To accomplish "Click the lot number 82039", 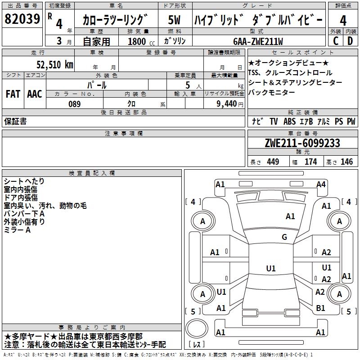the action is click(x=22, y=19).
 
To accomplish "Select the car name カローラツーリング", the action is click(x=115, y=20).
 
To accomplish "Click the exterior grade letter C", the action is click(x=336, y=41).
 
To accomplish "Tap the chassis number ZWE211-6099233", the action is click(x=302, y=144).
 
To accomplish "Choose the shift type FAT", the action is click(x=13, y=94).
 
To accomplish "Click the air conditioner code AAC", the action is click(x=35, y=94).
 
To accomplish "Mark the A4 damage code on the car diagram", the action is click(x=321, y=184).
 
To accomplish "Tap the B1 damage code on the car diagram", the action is click(x=321, y=308).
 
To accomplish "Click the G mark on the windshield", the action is click(x=284, y=237).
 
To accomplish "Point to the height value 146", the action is click(x=346, y=162).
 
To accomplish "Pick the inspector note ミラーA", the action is click(x=18, y=230).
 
